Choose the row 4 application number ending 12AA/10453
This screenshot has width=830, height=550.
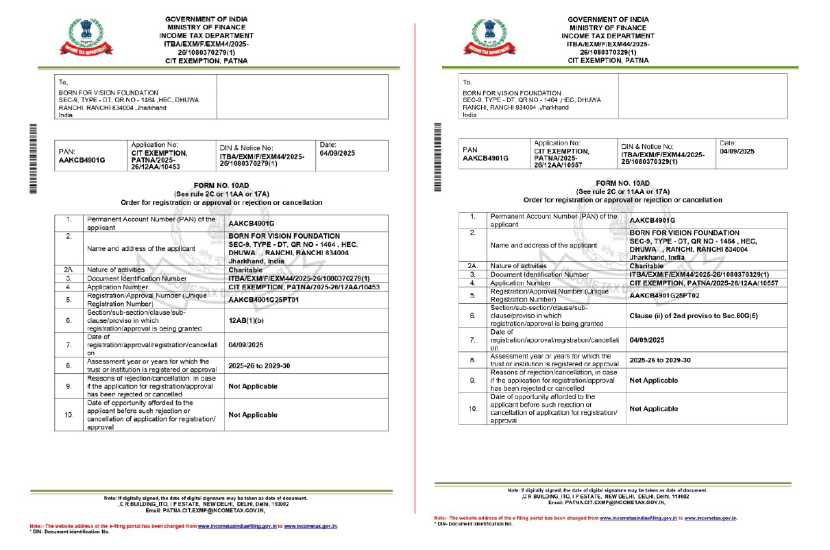tap(304, 287)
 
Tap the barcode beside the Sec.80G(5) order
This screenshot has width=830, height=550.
tap(437, 155)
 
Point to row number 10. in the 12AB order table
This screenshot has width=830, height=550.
tap(69, 415)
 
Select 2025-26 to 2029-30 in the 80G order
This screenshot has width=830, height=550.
tap(659, 360)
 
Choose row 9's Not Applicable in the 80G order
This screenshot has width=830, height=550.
tap(653, 380)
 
